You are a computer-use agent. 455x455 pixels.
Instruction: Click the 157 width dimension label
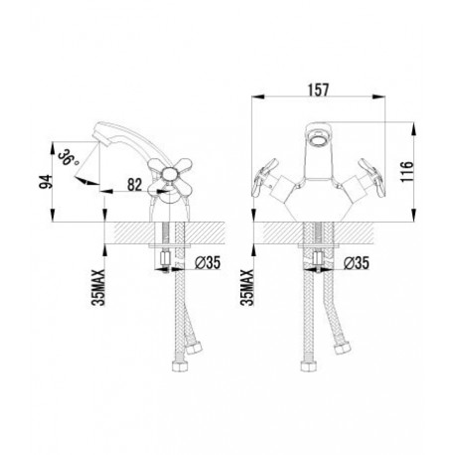click(319, 90)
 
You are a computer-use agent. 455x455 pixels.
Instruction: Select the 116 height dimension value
click(407, 171)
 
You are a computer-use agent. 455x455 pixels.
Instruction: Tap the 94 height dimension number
click(46, 181)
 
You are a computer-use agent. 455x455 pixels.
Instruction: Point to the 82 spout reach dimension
click(135, 185)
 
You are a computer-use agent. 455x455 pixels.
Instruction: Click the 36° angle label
click(69, 158)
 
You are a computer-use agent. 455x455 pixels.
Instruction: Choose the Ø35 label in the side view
click(208, 263)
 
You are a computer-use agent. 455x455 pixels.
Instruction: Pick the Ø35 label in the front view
click(356, 263)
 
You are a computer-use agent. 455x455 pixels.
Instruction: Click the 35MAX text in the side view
click(99, 287)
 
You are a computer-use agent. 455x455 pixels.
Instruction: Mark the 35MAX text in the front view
click(248, 287)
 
